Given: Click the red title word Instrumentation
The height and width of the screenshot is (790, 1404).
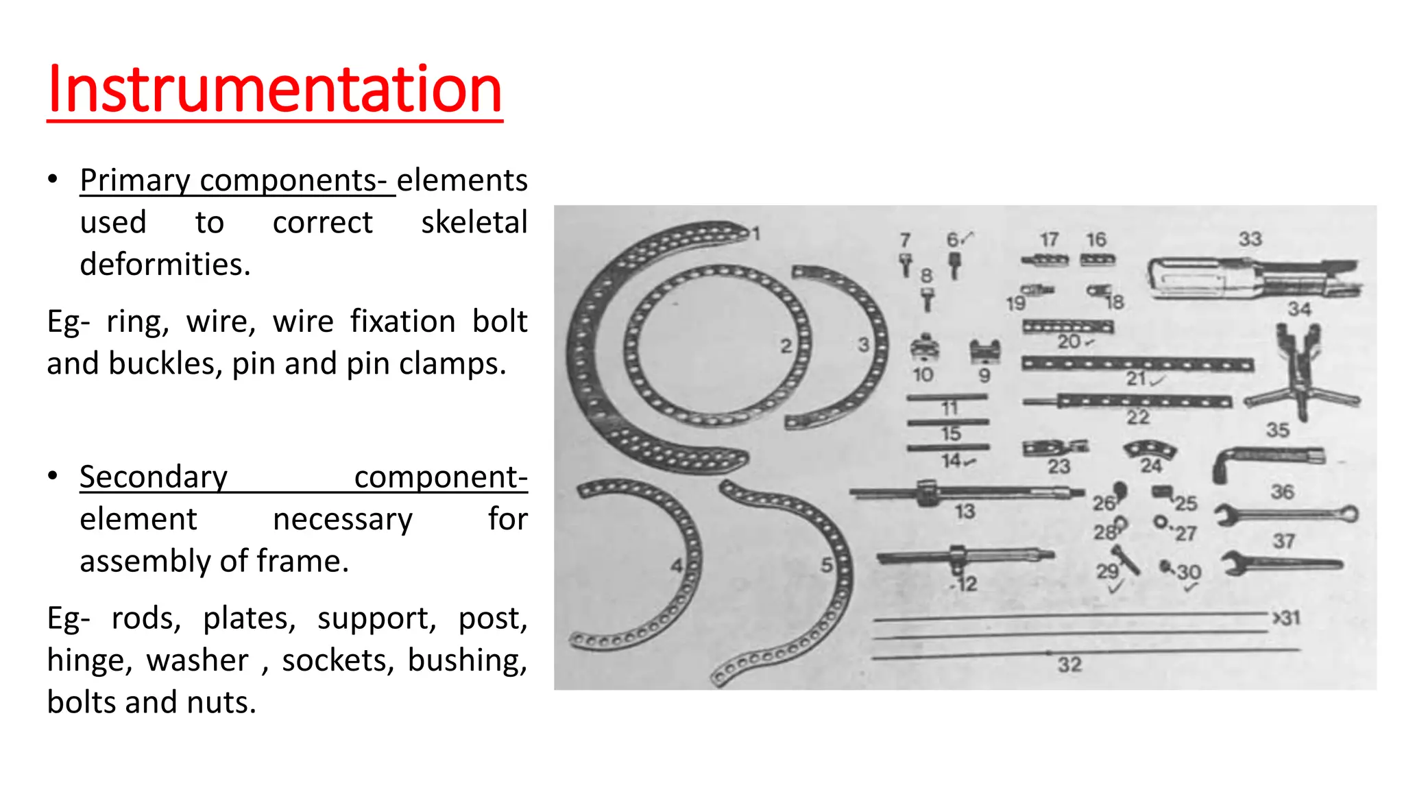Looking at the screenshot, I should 274,90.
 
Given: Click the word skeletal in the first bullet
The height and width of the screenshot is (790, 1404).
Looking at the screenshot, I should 474,223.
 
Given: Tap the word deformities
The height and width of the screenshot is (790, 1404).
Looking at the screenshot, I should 165,265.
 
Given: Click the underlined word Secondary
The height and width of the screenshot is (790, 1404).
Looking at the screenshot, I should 153,477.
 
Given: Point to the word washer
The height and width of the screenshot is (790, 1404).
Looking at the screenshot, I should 197,660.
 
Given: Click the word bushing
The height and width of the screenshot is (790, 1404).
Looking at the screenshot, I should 466,660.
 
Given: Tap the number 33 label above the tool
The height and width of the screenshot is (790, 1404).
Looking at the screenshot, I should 1250,239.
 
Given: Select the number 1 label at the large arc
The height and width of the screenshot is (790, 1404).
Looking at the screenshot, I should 756,234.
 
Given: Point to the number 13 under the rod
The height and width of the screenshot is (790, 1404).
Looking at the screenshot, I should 965,512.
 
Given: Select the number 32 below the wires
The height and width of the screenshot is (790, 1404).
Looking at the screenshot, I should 1069,665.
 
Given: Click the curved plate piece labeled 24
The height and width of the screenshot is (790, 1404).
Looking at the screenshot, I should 1150,450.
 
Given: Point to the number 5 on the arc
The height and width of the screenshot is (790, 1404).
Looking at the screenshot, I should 827,566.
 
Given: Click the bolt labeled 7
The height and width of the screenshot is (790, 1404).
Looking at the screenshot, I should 906,265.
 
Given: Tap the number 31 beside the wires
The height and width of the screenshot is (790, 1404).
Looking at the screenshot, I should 1289,618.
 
